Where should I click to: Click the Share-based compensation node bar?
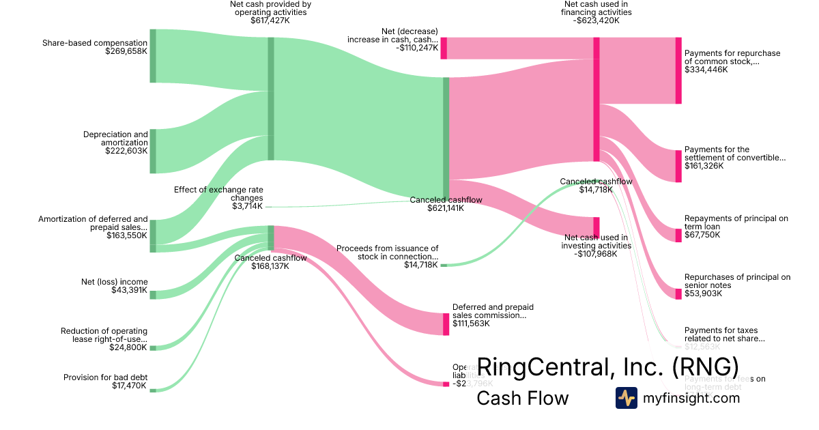click(153, 56)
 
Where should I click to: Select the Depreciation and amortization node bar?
click(153, 151)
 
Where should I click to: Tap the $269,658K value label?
click(126, 51)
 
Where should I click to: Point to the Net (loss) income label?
click(114, 282)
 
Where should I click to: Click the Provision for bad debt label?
click(105, 377)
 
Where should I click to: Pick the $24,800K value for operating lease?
click(128, 347)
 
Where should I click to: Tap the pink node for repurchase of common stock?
click(678, 71)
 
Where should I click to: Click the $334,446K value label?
click(706, 70)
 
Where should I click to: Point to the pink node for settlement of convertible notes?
click(678, 166)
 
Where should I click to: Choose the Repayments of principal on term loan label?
click(736, 223)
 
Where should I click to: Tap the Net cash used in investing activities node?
click(597, 226)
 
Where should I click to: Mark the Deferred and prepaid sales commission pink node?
click(446, 324)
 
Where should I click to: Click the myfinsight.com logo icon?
click(626, 398)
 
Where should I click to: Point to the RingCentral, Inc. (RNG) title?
click(607, 367)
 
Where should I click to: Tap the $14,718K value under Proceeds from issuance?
click(421, 265)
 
